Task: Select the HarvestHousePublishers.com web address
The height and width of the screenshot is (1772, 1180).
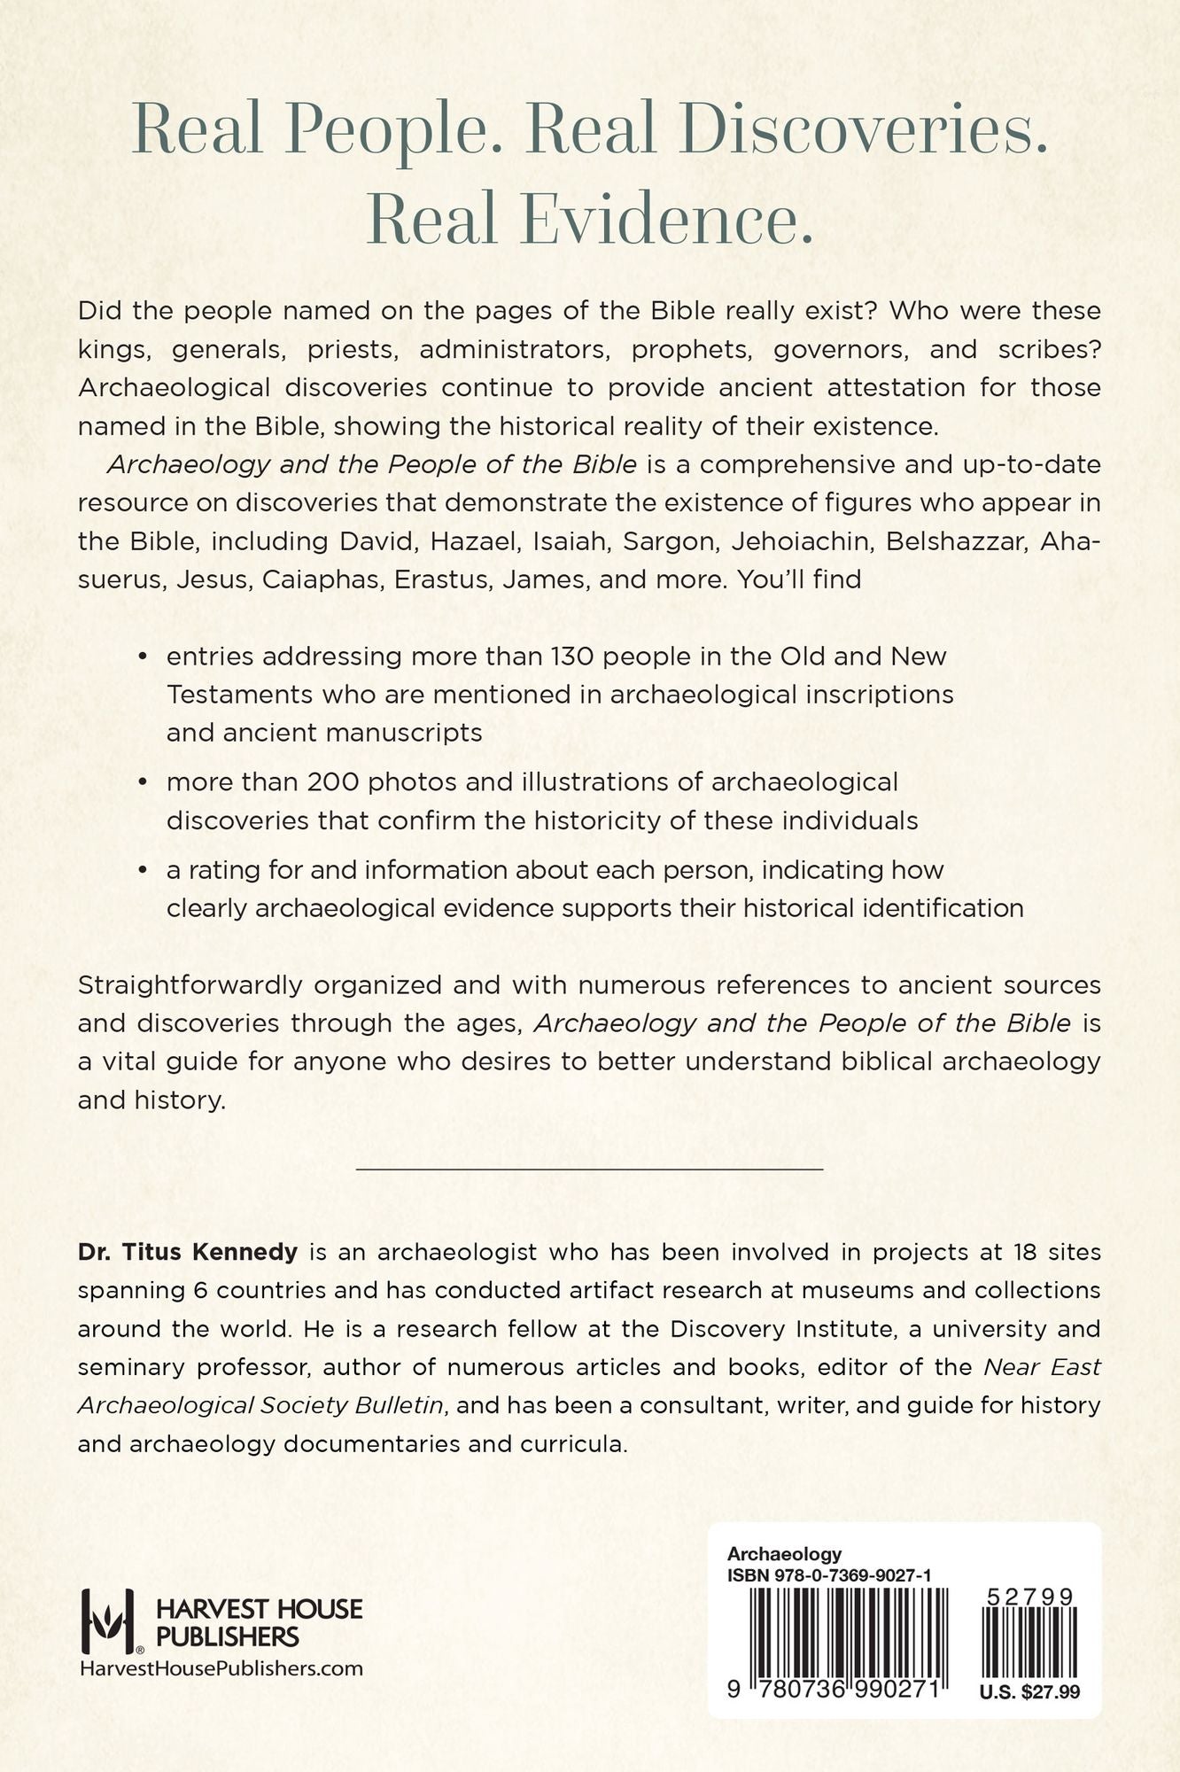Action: (221, 1667)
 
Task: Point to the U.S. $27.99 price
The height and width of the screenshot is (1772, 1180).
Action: (1029, 1691)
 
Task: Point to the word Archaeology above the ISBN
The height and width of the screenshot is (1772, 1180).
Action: (783, 1554)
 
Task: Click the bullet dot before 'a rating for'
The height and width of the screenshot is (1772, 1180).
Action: (142, 872)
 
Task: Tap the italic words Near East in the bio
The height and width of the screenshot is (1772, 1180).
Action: (1042, 1367)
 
